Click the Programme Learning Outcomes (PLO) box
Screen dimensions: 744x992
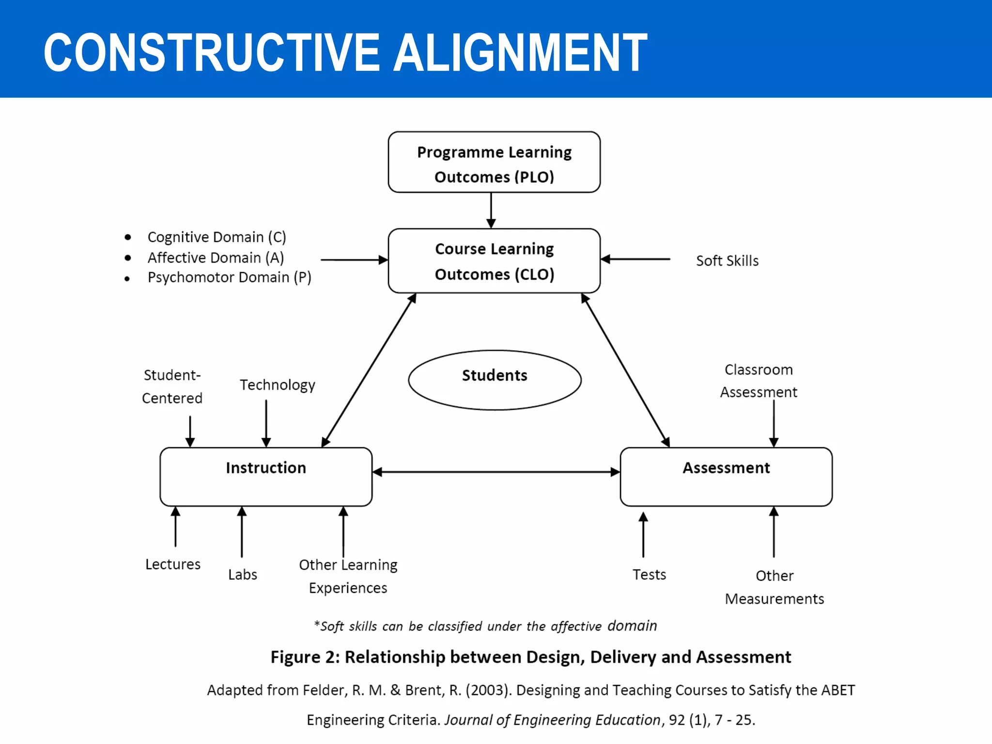click(x=494, y=162)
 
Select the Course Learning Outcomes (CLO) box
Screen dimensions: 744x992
click(x=494, y=261)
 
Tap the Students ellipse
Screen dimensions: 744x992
click(x=495, y=380)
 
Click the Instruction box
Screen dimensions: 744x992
click(x=266, y=477)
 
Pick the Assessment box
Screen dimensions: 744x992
click(x=726, y=477)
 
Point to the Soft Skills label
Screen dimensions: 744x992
click(x=727, y=261)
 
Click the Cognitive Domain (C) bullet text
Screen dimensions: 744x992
click(x=217, y=237)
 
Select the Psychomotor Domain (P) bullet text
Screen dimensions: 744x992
click(x=229, y=278)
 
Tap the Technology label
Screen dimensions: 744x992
click(x=278, y=385)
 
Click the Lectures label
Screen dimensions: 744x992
click(x=173, y=564)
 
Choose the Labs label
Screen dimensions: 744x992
click(x=243, y=575)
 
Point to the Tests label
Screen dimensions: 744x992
click(x=649, y=575)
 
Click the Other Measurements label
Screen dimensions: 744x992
click(x=774, y=588)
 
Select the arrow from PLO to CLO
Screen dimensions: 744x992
click(x=491, y=210)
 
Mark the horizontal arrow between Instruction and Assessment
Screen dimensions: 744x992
click(x=496, y=472)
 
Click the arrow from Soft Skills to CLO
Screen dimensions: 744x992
click(x=635, y=259)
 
